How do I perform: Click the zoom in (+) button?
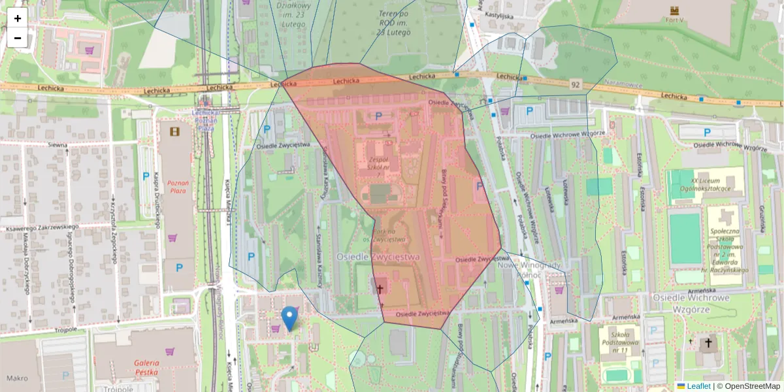(x=18, y=18)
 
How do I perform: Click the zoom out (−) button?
(x=18, y=38)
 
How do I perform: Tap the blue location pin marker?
(x=289, y=318)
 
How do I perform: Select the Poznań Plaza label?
(x=177, y=187)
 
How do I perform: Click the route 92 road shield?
(x=575, y=84)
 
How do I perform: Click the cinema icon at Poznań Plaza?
(x=174, y=131)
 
